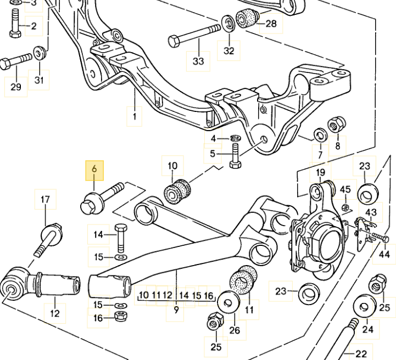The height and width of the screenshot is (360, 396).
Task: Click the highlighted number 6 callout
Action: coord(94,170)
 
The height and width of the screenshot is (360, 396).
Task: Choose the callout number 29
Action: coord(16,87)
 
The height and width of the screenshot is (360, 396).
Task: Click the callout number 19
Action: coord(321,173)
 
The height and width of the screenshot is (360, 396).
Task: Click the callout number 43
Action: coord(371,212)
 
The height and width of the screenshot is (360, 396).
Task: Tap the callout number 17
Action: coord(46,200)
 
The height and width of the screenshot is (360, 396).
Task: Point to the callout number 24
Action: coord(367,329)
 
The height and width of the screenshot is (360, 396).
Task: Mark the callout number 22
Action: coord(361,354)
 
